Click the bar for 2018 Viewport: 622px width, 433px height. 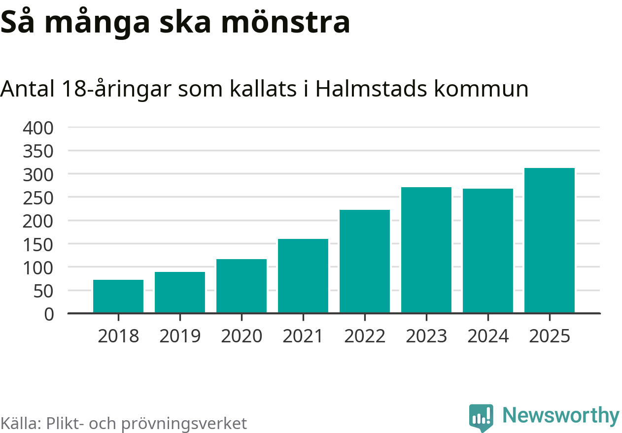coord(118,296)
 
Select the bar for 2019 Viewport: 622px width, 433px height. coord(180,292)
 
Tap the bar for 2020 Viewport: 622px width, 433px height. coord(242,286)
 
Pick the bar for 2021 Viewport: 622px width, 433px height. coord(303,276)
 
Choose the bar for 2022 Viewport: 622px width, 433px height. coord(365,261)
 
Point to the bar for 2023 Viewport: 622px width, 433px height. coord(426,250)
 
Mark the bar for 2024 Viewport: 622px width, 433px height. coord(488,251)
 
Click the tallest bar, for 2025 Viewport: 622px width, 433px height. coord(550,240)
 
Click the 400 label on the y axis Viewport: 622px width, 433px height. coord(38,128)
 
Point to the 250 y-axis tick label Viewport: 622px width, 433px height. coord(38,198)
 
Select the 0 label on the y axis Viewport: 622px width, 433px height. coord(49,314)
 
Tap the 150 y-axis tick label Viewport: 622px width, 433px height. coord(38,244)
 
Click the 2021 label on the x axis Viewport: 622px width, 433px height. coord(303,336)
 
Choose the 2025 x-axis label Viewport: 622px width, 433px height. coord(550,336)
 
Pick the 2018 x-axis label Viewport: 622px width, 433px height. coord(118,336)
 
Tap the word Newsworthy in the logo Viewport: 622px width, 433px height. coord(561,416)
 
